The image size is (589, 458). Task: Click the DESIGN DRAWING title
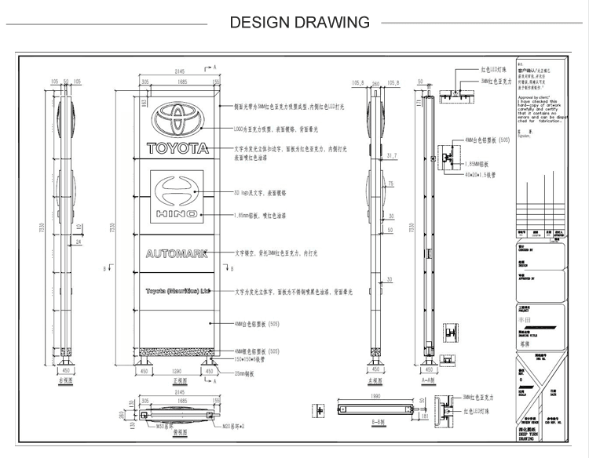299,22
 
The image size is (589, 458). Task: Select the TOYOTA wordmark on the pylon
177,147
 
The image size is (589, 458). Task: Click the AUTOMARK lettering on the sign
177,253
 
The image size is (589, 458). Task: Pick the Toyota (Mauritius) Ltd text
178,290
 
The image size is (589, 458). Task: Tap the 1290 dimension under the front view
177,369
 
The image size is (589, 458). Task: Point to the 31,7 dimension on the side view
391,156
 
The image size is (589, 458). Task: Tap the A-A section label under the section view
429,380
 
